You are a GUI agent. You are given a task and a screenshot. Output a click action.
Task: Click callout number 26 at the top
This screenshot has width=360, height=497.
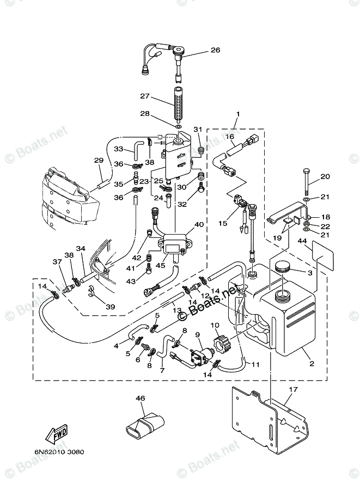[x=215, y=50]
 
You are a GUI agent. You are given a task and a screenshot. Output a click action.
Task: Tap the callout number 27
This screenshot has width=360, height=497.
[x=145, y=96]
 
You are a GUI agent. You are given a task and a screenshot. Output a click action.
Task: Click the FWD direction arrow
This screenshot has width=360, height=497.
[x=57, y=434]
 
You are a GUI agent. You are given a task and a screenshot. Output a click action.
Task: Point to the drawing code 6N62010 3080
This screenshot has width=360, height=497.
[x=59, y=452]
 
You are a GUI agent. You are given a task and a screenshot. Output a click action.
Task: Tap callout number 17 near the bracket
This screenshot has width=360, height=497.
[x=294, y=389]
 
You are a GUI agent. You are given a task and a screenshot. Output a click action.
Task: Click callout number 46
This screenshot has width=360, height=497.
[x=140, y=398]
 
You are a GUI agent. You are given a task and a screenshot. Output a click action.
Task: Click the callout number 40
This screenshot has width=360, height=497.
[x=199, y=225]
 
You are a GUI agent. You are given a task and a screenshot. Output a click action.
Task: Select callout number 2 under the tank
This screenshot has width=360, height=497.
[x=312, y=364]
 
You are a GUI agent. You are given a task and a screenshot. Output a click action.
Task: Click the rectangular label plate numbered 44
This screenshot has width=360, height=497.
[x=322, y=256]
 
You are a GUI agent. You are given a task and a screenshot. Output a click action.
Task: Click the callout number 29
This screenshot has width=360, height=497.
[x=99, y=161]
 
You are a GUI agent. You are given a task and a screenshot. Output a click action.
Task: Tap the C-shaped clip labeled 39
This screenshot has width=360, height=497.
[x=92, y=292]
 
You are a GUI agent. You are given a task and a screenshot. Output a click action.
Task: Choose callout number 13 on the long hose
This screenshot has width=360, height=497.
[x=177, y=310]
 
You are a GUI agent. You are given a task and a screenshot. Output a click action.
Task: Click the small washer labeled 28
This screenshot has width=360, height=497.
[x=179, y=127]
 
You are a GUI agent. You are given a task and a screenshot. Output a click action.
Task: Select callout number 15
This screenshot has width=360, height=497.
[x=223, y=224]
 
